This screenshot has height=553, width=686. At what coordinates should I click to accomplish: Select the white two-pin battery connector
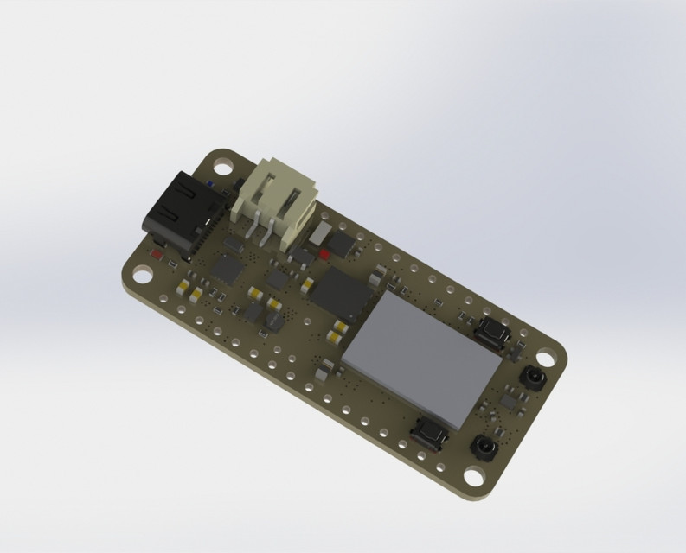click(273, 201)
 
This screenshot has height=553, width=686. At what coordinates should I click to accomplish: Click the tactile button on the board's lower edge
click(430, 429)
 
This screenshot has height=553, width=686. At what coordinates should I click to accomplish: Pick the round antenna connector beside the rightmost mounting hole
click(529, 378)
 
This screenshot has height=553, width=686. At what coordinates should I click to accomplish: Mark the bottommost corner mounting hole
click(474, 475)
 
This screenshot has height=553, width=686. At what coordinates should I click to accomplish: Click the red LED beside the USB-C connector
click(157, 255)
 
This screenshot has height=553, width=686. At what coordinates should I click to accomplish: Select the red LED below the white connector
click(324, 254)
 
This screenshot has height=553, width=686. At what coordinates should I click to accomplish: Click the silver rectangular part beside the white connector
click(320, 233)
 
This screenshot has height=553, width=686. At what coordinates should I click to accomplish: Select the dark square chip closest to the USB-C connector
click(229, 268)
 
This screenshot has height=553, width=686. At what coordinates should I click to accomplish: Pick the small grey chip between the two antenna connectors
click(510, 403)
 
